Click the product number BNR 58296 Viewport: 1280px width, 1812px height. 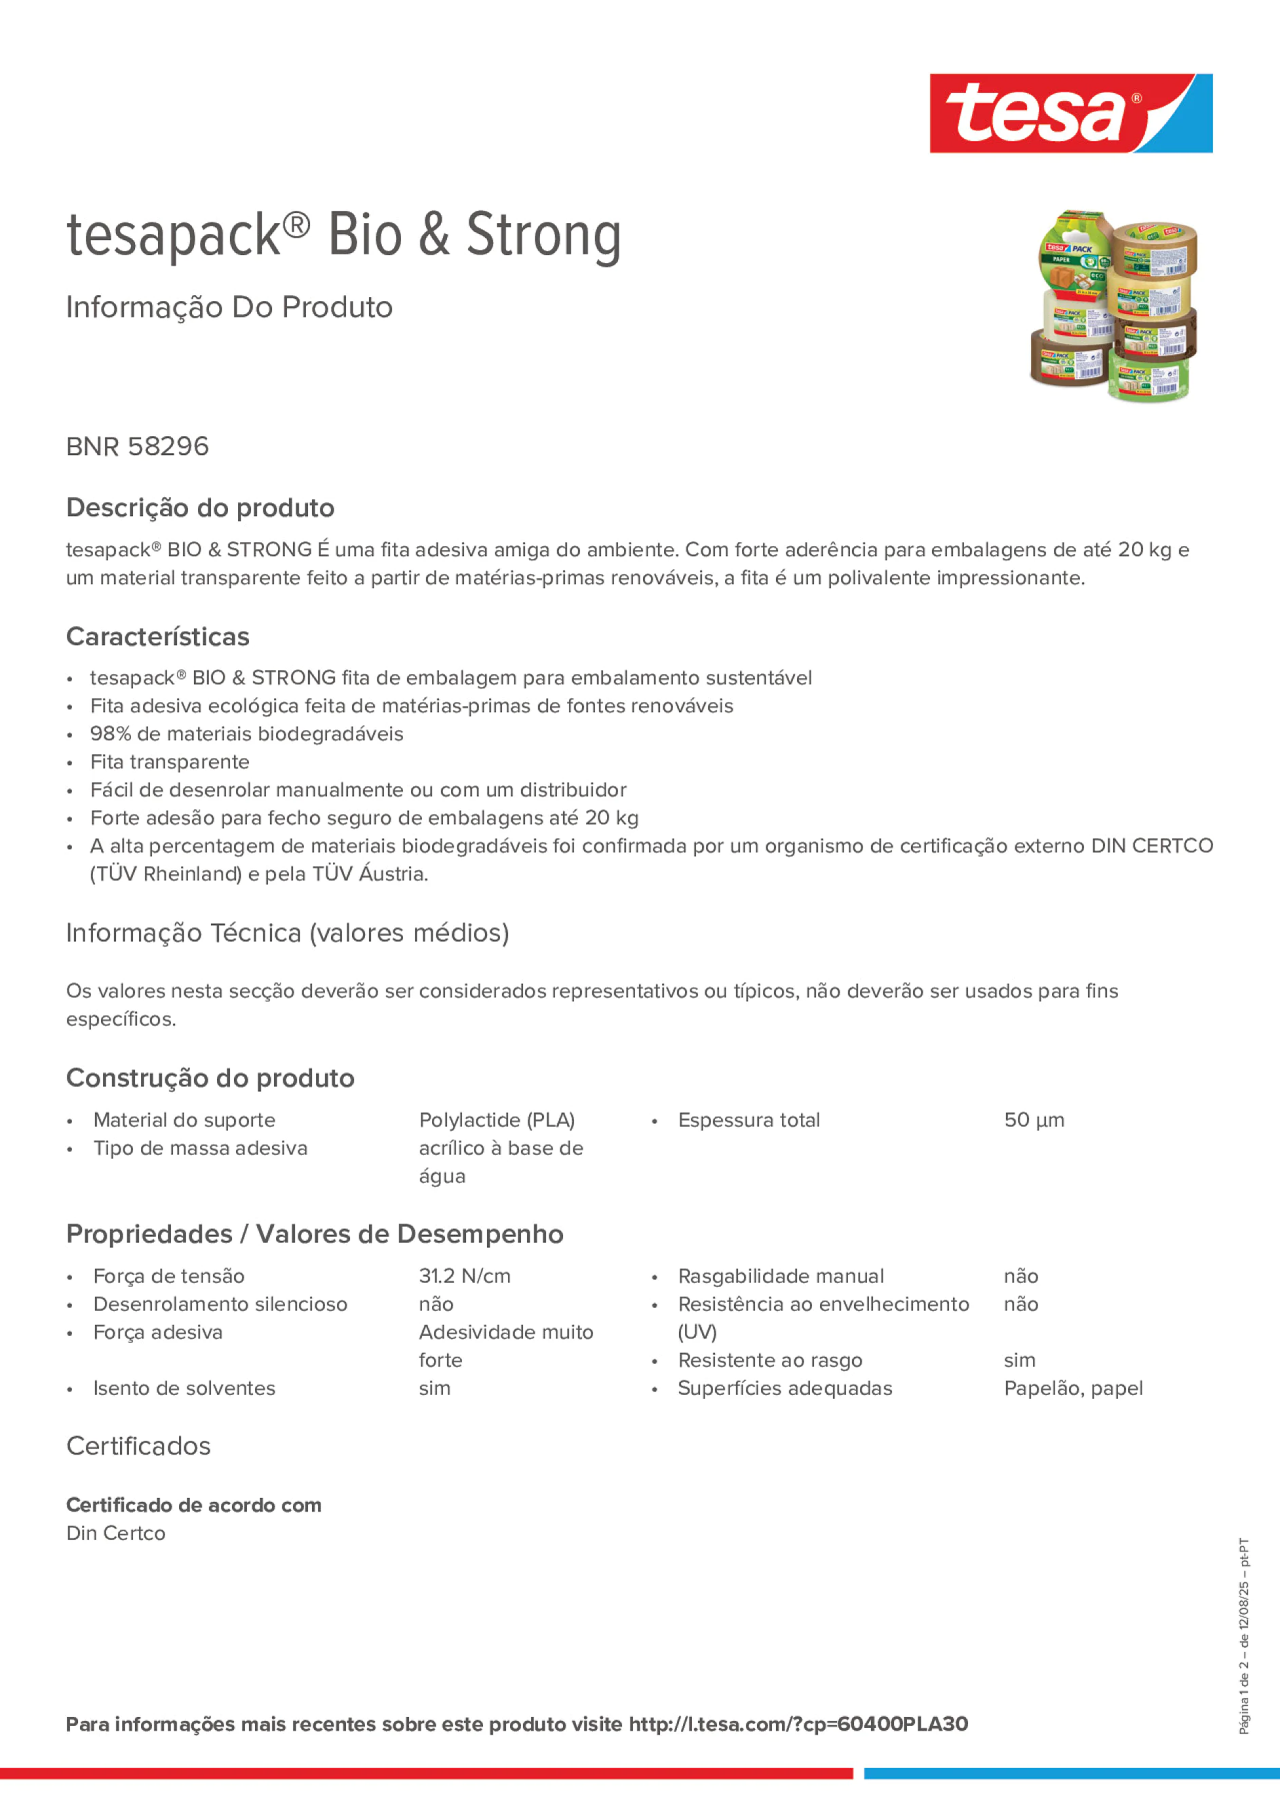point(137,446)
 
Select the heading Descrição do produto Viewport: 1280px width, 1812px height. point(200,507)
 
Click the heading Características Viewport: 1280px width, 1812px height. point(158,637)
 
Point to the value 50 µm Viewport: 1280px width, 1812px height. point(1034,1120)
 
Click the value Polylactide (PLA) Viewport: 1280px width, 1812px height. point(497,1120)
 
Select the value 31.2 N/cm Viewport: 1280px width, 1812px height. point(464,1276)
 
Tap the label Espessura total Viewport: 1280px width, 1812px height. point(748,1120)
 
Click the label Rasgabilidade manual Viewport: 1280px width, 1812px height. point(781,1276)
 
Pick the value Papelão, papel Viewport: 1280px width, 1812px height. point(1072,1388)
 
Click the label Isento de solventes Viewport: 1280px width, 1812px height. point(184,1388)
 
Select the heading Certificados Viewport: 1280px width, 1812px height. point(138,1446)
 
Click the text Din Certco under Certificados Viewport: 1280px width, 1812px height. point(116,1533)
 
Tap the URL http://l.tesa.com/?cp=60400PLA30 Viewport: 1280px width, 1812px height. point(798,1724)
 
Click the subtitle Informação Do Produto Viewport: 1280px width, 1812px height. point(229,307)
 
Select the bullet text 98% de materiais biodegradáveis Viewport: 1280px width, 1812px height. point(246,734)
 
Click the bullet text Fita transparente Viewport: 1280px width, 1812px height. point(170,762)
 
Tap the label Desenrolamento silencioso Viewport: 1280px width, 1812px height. point(220,1304)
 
